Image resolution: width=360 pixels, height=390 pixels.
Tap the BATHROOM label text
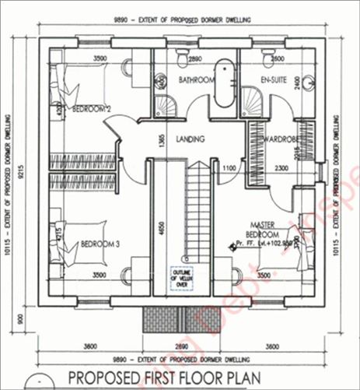pos(195,80)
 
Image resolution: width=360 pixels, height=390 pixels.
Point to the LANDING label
pos(190,140)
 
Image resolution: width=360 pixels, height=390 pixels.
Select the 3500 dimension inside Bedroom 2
pos(99,58)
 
